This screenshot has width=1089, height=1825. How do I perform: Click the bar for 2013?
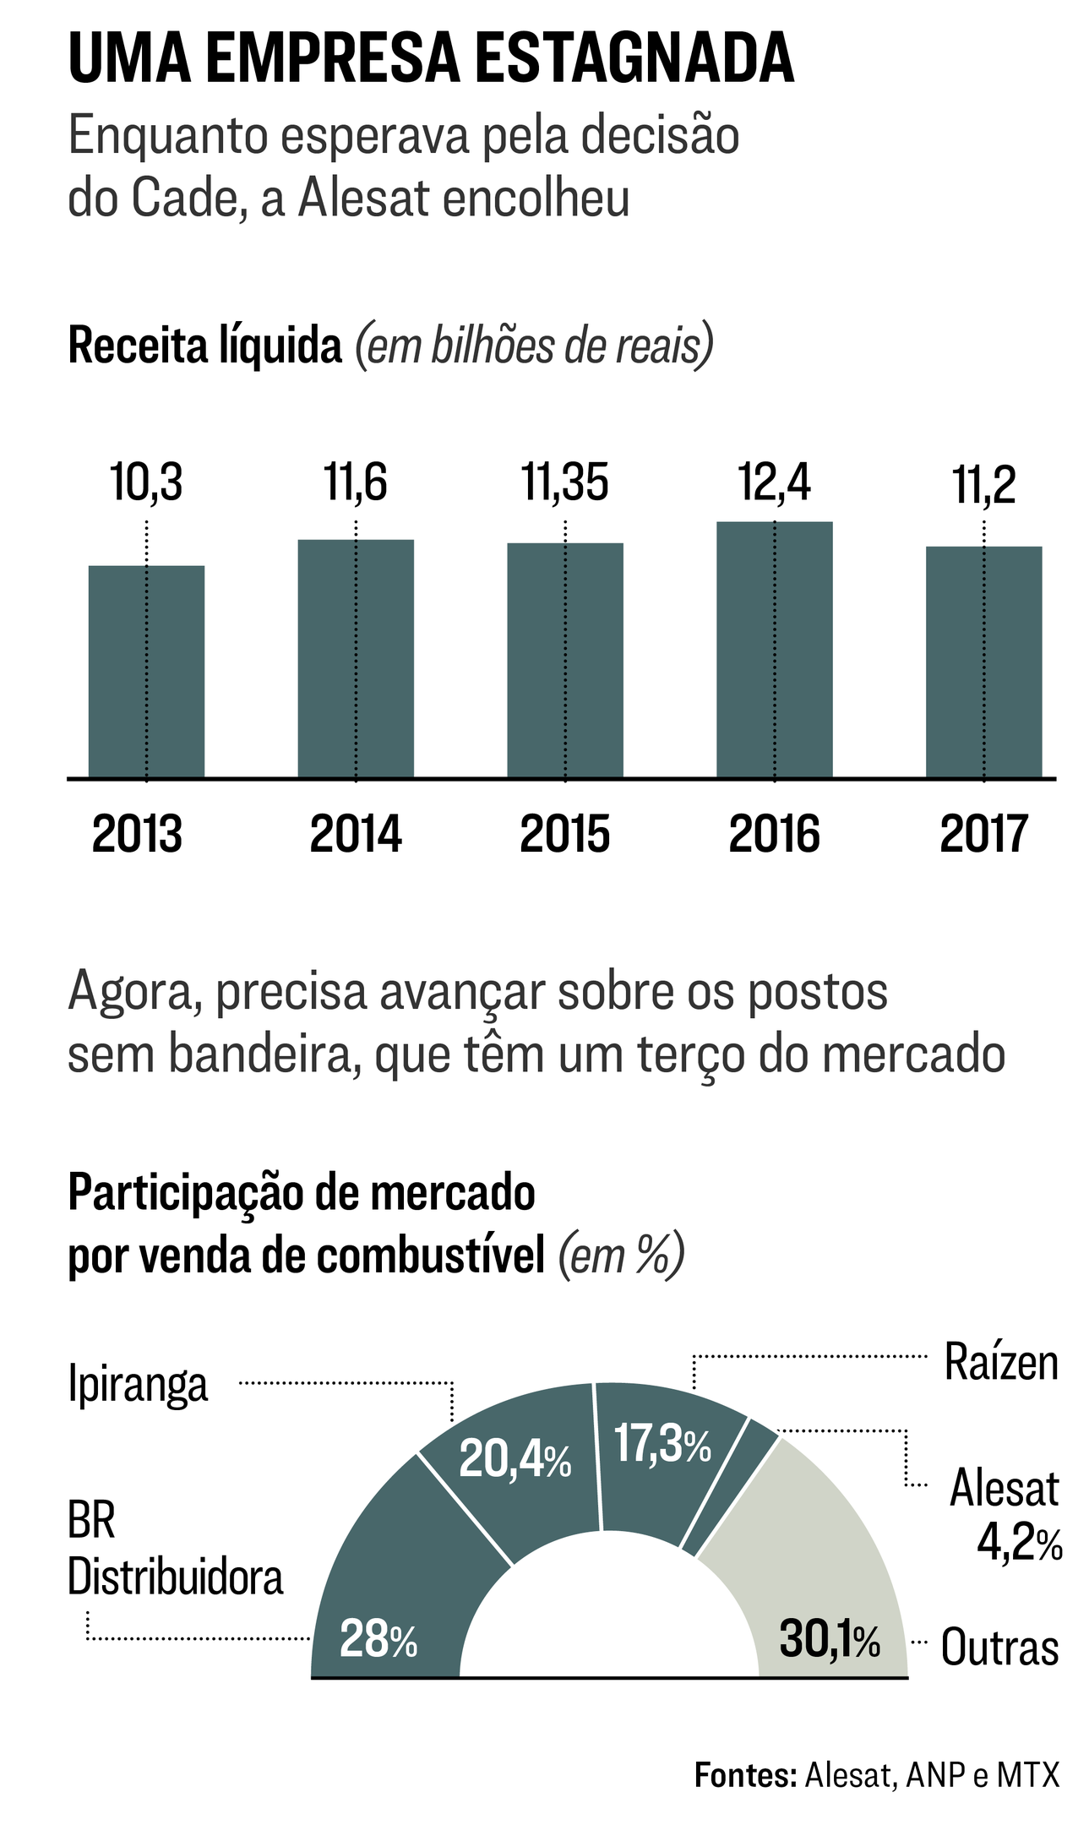pyautogui.click(x=146, y=671)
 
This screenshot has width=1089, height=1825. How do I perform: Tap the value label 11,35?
pyautogui.click(x=564, y=483)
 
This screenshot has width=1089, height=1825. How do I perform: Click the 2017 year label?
pyautogui.click(x=983, y=835)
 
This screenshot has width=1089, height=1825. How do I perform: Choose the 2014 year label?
pyautogui.click(x=356, y=835)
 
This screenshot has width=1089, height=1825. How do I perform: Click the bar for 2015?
pyautogui.click(x=564, y=660)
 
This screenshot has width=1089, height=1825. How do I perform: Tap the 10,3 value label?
pyautogui.click(x=146, y=483)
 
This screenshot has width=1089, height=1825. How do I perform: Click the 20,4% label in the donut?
pyautogui.click(x=515, y=1459)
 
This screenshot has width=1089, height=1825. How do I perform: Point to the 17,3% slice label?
pyautogui.click(x=662, y=1442)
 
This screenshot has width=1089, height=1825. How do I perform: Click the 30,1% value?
pyautogui.click(x=830, y=1639)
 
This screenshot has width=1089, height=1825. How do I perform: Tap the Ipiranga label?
pyautogui.click(x=138, y=1384)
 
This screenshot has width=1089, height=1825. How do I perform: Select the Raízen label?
pyautogui.click(x=1001, y=1361)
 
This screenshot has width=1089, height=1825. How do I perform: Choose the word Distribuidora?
pyautogui.click(x=176, y=1576)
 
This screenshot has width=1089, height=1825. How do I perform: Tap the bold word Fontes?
pyautogui.click(x=745, y=1774)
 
